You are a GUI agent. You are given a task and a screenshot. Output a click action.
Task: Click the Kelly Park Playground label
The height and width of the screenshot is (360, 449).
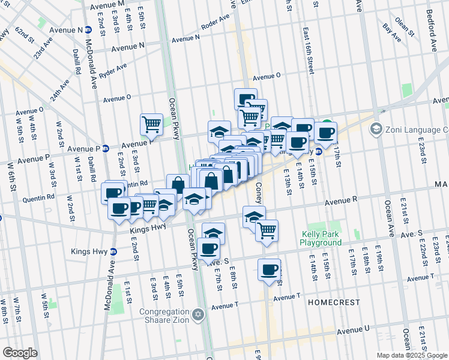click(x=321, y=238)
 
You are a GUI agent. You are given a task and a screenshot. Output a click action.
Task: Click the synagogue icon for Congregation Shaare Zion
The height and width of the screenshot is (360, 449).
click(x=198, y=314)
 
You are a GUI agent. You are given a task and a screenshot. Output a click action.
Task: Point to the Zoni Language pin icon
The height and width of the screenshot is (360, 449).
click(x=376, y=129)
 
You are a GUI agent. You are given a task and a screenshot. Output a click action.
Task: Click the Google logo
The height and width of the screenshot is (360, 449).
click(x=20, y=353)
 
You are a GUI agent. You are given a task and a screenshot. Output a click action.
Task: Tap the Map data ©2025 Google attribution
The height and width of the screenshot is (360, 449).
click(x=412, y=355)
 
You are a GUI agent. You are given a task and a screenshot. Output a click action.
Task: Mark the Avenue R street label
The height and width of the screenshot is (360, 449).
click(x=342, y=203)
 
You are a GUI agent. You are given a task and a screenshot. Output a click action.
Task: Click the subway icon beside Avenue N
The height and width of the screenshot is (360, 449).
click(x=88, y=29)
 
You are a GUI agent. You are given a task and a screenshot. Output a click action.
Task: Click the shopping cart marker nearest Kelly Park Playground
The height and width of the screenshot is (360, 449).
click(x=267, y=230)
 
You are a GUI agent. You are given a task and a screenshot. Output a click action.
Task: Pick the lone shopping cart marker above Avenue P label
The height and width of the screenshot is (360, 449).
click(x=152, y=124)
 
